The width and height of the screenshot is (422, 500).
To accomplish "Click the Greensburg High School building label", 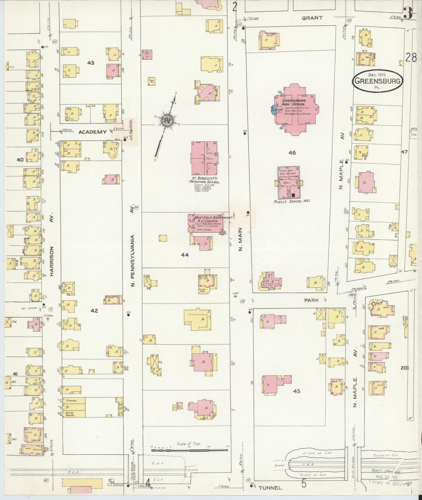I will coord(293,102).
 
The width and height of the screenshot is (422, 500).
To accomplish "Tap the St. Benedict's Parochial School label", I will coord(204,180).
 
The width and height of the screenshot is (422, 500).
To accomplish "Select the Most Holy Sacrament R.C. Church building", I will coord(206,223).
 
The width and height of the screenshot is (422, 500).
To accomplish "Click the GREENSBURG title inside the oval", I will coord(377,81).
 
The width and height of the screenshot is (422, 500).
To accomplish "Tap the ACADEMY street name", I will coord(92,132).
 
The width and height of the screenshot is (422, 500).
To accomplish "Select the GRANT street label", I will coord(312,18).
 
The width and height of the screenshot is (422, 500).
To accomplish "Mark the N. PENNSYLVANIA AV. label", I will coord(132,257).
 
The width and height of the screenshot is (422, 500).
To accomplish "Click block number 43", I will coord(91,63).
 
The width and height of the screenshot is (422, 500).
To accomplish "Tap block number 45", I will coord(297,391).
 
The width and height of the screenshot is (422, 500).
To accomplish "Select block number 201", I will coord(404,368).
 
